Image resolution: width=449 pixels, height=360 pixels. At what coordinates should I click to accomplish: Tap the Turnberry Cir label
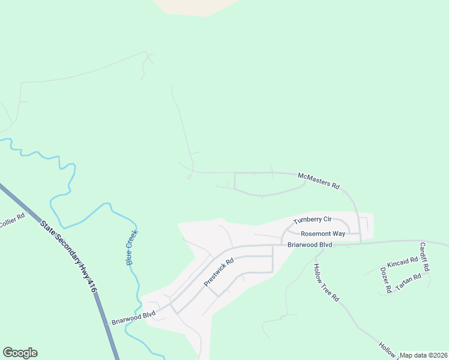click(312, 221)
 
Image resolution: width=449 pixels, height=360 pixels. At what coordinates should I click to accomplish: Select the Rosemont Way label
click(323, 233)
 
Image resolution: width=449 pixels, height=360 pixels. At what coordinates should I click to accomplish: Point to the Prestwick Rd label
click(218, 272)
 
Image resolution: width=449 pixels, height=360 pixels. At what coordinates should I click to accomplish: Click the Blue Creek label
click(132, 247)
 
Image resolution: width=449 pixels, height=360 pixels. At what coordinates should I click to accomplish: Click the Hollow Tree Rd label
click(327, 282)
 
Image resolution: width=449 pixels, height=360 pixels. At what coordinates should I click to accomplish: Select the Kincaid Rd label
click(402, 263)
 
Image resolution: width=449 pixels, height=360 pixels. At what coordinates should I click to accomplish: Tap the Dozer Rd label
click(386, 280)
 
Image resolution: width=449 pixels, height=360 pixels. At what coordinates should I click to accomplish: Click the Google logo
click(20, 353)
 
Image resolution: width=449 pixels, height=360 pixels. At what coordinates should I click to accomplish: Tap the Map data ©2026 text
click(424, 355)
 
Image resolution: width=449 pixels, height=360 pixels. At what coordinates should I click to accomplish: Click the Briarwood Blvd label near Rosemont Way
click(310, 245)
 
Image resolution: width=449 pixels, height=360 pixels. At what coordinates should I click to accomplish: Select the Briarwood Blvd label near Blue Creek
click(133, 318)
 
